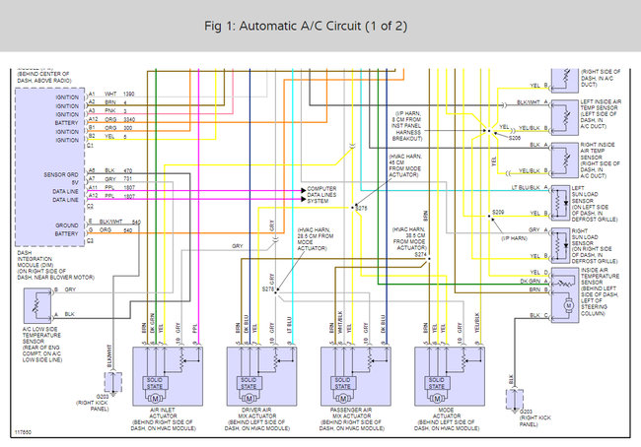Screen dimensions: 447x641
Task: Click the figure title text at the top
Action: (320, 25)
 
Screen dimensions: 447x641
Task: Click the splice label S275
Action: (361, 210)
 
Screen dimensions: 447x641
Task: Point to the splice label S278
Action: (268, 287)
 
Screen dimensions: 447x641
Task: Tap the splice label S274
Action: (421, 254)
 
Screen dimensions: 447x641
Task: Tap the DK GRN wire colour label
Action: (529, 281)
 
